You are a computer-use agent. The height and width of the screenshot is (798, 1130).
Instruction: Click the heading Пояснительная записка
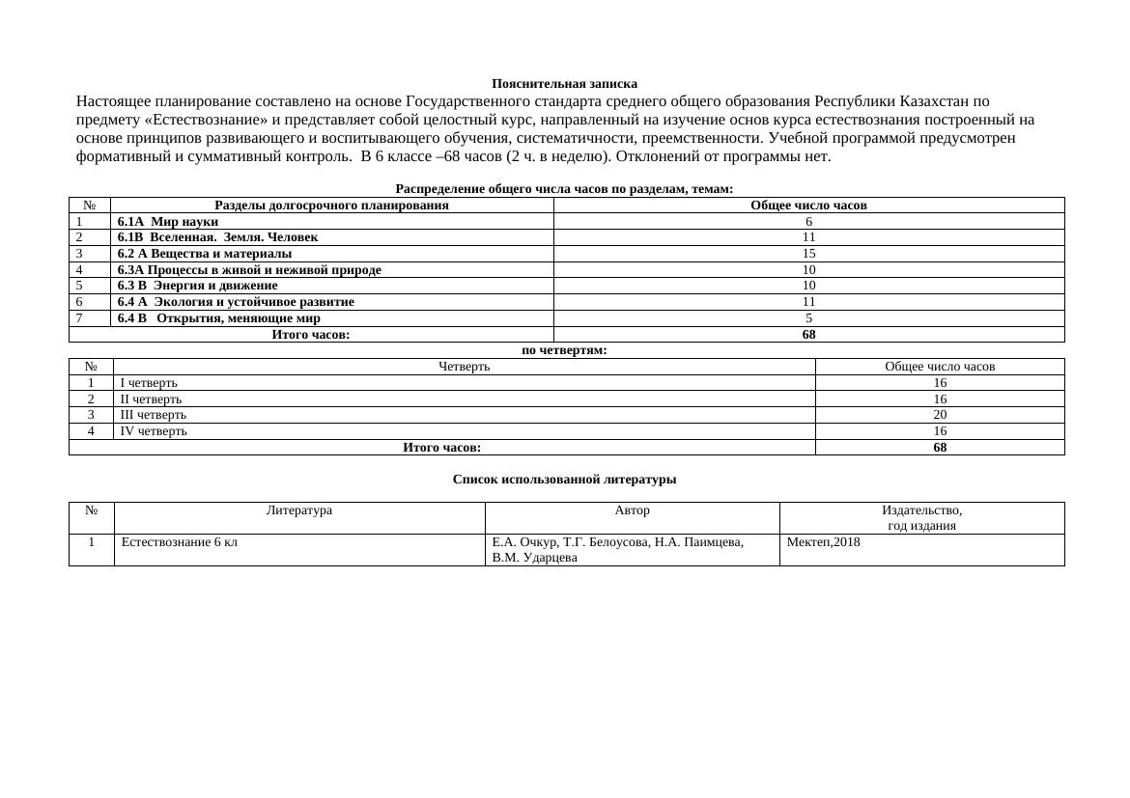coord(564,84)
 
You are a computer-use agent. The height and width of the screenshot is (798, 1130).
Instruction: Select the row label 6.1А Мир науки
coord(168,222)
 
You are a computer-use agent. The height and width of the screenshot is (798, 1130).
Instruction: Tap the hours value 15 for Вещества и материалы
coord(808,254)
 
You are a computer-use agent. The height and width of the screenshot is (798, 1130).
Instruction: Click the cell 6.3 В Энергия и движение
coord(197,286)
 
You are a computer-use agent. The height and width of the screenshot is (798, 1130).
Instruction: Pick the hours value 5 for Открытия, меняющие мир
coord(808,318)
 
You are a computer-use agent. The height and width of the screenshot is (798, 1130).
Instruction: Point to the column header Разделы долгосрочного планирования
coord(331,206)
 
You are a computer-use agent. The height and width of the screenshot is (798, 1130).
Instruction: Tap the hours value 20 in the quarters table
coord(940,415)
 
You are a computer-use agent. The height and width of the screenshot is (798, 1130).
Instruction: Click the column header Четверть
coord(464,367)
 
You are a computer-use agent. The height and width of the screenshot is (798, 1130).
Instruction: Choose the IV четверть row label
coord(154,431)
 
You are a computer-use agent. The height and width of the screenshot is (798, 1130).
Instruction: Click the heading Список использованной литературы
coord(564,480)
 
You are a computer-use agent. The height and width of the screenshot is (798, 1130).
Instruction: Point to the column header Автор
coord(632,510)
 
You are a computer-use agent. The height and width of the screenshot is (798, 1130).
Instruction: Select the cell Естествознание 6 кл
coord(180,542)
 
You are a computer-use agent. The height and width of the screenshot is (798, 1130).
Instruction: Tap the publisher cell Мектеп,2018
coord(823,542)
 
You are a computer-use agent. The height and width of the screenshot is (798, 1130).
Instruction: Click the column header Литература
coord(298,510)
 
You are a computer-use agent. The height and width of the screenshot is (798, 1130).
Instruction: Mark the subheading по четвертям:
coord(564,350)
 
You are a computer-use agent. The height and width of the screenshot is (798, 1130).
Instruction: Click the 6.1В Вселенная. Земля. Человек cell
coord(217,237)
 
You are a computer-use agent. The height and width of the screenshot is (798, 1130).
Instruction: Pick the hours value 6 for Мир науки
coord(808,222)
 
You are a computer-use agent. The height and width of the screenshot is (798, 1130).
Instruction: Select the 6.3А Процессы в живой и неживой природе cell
coord(249,270)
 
